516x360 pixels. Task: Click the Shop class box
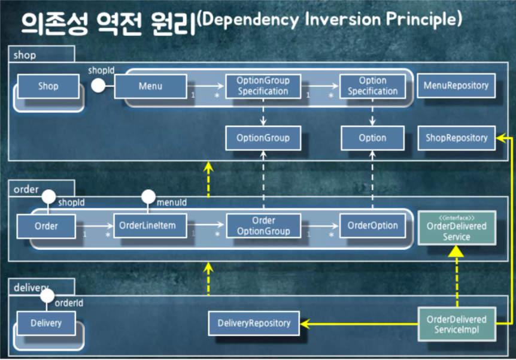[x=48, y=86]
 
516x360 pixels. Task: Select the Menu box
[x=150, y=86]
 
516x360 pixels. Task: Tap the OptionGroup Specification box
[x=263, y=86]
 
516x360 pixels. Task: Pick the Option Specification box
[x=372, y=86]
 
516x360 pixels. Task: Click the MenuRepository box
[x=456, y=86]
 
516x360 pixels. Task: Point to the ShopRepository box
[x=456, y=138]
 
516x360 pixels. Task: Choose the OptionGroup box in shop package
[x=263, y=138]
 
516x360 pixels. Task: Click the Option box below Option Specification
[x=372, y=138]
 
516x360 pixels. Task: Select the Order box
[x=46, y=226]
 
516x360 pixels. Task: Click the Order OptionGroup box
[x=263, y=226]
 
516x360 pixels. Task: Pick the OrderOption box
[x=372, y=226]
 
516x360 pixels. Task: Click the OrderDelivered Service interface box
[x=457, y=228]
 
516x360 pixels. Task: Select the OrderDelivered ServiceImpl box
[x=457, y=324]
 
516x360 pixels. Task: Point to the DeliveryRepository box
[x=254, y=323]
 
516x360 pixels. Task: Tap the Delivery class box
[x=46, y=323]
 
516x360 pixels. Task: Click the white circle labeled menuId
[x=148, y=196]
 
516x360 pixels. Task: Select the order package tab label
[x=25, y=189]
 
